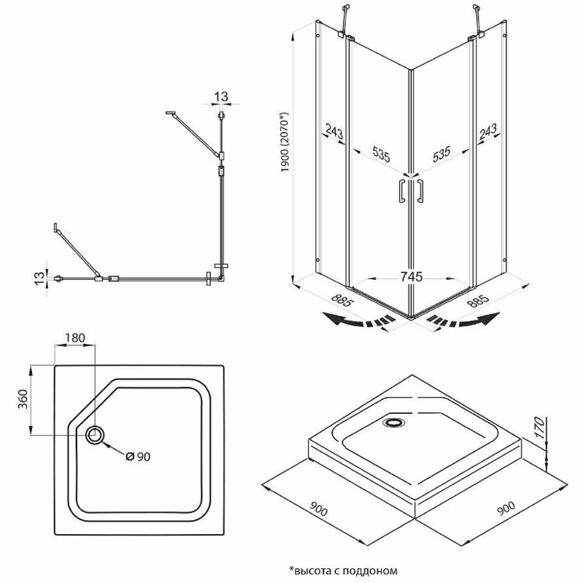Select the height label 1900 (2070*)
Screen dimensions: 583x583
click(x=285, y=142)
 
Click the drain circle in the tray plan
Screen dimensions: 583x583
click(x=95, y=434)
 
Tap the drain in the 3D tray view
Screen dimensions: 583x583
click(x=395, y=421)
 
